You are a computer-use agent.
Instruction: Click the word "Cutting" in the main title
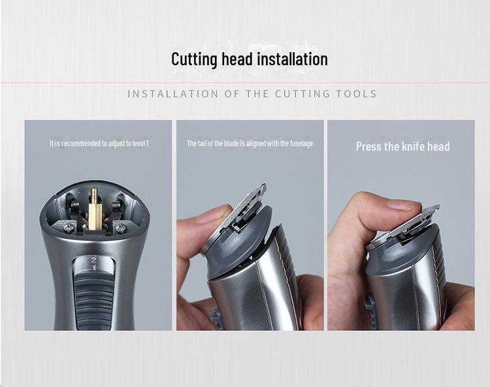194,59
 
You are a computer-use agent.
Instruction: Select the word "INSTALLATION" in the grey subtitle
171,93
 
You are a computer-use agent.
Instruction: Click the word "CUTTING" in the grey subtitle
298,93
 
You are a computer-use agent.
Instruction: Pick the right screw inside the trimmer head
120,228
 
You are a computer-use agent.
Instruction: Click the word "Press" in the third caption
368,146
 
